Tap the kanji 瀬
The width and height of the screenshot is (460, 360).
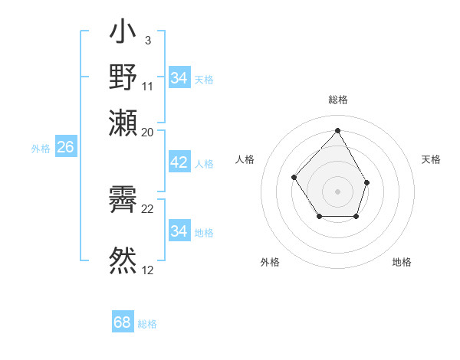123,123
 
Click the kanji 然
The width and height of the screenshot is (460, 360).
123,259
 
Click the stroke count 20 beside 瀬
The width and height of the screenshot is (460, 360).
148,133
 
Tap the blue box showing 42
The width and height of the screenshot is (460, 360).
179,162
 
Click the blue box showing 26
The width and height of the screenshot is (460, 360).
65,148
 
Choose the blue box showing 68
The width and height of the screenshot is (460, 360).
122,322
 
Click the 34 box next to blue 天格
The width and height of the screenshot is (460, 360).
179,78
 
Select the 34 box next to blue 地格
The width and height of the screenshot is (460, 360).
179,231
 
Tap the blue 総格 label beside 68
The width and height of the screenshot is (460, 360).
147,324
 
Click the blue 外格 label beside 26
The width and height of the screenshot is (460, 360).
41,149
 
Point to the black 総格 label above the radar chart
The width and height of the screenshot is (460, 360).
337,100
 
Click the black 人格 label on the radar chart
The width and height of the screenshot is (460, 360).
245,159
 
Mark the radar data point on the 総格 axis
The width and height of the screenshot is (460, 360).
337,129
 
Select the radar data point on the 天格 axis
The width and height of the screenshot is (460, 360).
367,182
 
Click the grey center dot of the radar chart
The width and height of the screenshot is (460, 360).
337,191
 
